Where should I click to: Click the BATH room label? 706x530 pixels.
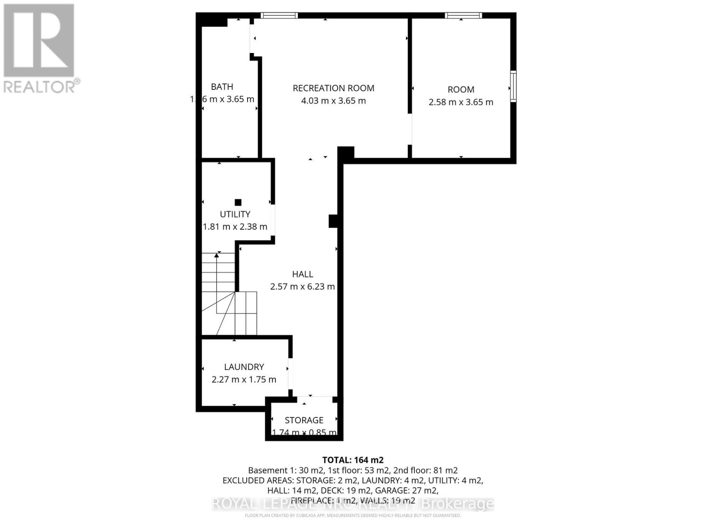coord(222,87)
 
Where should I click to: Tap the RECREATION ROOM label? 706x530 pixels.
coord(334,88)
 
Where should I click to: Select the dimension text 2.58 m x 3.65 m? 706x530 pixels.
coord(461,102)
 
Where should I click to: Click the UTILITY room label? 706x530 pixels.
coord(235,214)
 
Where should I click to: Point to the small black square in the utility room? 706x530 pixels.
coord(238,202)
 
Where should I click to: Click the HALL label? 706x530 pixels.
coord(303,274)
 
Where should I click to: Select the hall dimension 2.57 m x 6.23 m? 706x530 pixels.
coord(303,287)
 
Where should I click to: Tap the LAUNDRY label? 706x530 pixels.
coord(244,367)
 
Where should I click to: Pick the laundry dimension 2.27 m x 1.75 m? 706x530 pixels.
coord(244,379)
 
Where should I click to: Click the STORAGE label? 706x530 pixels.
coord(304,420)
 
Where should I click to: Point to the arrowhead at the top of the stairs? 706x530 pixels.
coord(217,255)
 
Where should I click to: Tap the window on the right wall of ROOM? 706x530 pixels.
coord(513,86)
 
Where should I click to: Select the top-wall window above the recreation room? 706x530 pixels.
coord(279,15)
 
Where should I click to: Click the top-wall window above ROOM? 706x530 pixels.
coord(463,15)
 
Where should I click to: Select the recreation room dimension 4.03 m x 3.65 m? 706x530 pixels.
coord(334,101)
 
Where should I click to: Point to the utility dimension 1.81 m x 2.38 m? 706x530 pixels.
coord(235,227)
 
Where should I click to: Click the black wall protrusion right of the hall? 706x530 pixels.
coord(334,221)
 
